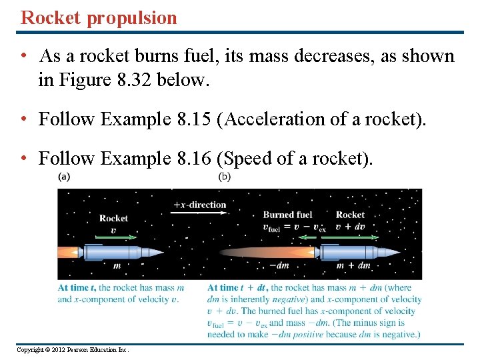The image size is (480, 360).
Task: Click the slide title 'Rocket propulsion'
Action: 99,17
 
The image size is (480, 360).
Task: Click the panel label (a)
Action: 65,177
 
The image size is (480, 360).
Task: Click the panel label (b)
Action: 225,177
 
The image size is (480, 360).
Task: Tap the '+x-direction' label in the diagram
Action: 199,205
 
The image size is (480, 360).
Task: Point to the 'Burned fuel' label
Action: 287,215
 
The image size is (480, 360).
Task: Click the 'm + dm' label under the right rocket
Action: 354,265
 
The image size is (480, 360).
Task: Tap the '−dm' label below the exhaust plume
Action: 278,265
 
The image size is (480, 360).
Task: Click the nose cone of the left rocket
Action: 154,252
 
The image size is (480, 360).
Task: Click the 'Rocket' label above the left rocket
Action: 113,218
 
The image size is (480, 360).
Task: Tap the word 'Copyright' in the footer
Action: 31,350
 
